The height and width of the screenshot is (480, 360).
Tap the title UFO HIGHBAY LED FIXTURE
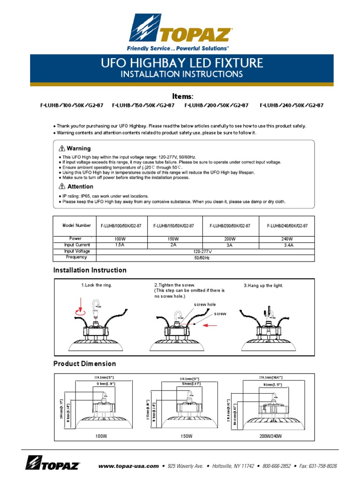coord(182,63)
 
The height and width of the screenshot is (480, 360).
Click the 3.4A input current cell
coord(288,245)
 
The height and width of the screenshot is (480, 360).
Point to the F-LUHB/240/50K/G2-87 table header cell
coord(287,226)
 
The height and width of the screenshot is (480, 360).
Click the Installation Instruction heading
coord(90,270)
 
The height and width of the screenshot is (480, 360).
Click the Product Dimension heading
coord(84,364)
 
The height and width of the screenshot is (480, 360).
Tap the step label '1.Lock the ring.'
coord(97,285)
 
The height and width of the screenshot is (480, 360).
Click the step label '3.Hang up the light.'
coord(263,285)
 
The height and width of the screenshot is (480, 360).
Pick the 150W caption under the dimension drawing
coord(187,436)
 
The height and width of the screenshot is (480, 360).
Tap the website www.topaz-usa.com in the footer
coord(128,466)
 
